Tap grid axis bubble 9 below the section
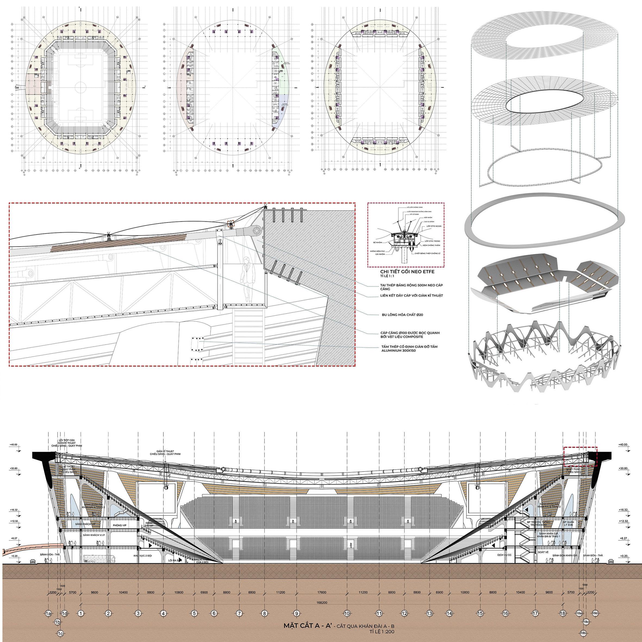pyautogui.click(x=297, y=613)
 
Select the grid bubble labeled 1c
pyautogui.click(x=60, y=633)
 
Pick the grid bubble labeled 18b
pyautogui.click(x=582, y=633)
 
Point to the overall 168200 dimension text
pyautogui.click(x=322, y=602)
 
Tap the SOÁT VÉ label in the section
pyautogui.click(x=544, y=552)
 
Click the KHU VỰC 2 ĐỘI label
pyautogui.click(x=142, y=555)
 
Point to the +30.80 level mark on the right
pyautogui.click(x=623, y=469)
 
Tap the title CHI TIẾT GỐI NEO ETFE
pyautogui.click(x=407, y=272)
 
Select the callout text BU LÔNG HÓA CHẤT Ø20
pyautogui.click(x=402, y=314)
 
